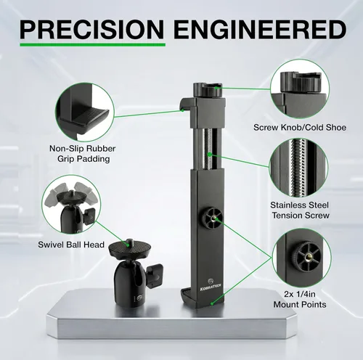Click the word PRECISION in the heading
pyautogui.click(x=92, y=30)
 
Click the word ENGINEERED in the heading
pyautogui.click(x=260, y=30)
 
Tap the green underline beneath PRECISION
pyautogui.click(x=92, y=45)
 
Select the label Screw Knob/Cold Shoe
pyautogui.click(x=300, y=127)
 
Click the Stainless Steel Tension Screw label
pyautogui.click(x=300, y=210)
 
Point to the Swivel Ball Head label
pyautogui.click(x=71, y=245)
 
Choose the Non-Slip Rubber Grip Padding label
pyautogui.click(x=83, y=154)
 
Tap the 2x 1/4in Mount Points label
pyautogui.click(x=300, y=299)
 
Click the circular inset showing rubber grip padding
pyautogui.click(x=84, y=112)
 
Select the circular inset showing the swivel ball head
pyautogui.click(x=71, y=204)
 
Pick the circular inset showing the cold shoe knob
pyautogui.click(x=300, y=89)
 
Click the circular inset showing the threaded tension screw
pyautogui.click(x=298, y=168)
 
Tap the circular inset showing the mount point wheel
pyautogui.click(x=301, y=258)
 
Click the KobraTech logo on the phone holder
pyautogui.click(x=211, y=285)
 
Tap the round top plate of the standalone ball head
pyautogui.click(x=130, y=249)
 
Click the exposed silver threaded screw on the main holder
pyautogui.click(x=208, y=149)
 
